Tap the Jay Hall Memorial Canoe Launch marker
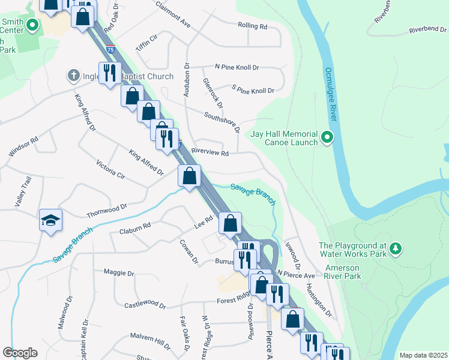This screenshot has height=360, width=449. point(327,138)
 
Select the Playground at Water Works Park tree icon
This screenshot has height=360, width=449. point(395,248)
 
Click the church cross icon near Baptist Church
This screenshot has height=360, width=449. point(74,76)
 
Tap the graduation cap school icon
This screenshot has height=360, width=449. point(51,220)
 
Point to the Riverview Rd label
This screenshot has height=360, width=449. point(210,153)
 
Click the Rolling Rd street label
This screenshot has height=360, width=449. point(253,26)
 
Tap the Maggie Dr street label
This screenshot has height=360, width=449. point(119,273)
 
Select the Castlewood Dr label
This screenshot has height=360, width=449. point(144,305)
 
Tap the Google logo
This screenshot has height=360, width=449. point(20,353)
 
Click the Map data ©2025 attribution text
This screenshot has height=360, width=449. point(423,355)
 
